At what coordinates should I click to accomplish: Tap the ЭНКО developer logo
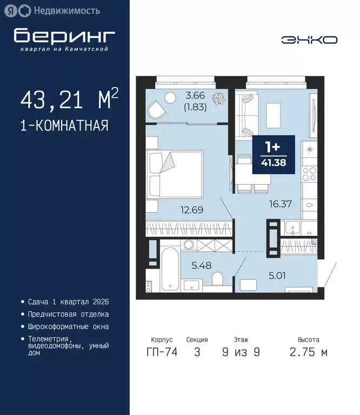(309, 39)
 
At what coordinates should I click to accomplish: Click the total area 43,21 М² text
(69, 101)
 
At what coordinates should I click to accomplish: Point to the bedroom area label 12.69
(192, 210)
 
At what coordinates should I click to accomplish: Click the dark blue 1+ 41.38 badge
(274, 155)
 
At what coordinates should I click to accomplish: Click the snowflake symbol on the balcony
(219, 99)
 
